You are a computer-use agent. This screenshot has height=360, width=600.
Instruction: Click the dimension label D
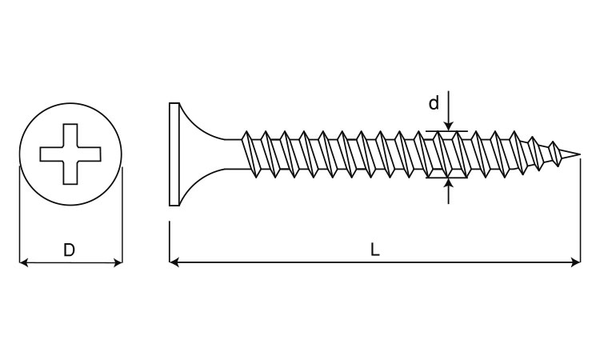pos(69,250)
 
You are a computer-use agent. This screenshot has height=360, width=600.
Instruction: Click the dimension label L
pos(375,250)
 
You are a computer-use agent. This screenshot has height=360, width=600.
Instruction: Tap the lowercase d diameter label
pos(434,103)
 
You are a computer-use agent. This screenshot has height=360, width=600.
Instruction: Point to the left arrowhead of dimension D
pos(24,262)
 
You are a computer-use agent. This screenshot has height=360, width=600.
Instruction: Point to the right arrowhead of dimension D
pos(118,262)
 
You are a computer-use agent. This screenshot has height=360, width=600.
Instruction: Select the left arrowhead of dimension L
pos(174,262)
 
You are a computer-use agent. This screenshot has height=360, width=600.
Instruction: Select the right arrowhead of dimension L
pos(575,262)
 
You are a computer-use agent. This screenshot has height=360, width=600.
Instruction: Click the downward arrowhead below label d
pos(449,126)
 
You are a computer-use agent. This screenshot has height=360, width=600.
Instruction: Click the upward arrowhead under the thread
pos(449,183)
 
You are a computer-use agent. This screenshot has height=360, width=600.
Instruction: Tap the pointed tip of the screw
pos(579,154)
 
